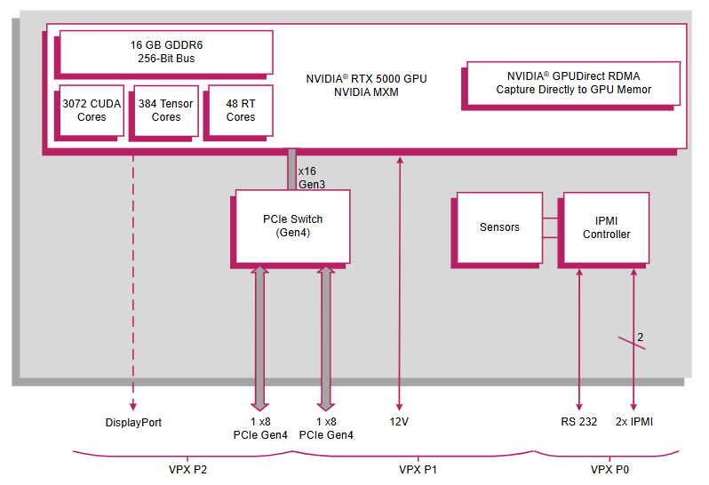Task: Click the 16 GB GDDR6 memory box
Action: pyautogui.click(x=166, y=52)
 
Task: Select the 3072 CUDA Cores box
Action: pyautogui.click(x=92, y=111)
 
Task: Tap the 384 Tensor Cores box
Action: pyautogui.click(x=166, y=111)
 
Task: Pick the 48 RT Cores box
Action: pyautogui.click(x=240, y=111)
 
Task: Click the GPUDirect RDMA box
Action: pyautogui.click(x=573, y=83)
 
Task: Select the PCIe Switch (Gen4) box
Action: pyautogui.click(x=293, y=226)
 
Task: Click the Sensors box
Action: pyautogui.click(x=499, y=227)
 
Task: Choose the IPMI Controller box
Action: pyautogui.click(x=606, y=228)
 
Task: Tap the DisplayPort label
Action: pyautogui.click(x=133, y=422)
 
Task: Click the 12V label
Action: pyautogui.click(x=399, y=422)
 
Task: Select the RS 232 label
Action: pyautogui.click(x=579, y=422)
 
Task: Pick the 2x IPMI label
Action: pyautogui.click(x=633, y=422)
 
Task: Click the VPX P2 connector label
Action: pyautogui.click(x=182, y=469)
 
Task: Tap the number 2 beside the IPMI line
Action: pyautogui.click(x=640, y=337)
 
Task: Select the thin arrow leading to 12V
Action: pyautogui.click(x=399, y=284)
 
